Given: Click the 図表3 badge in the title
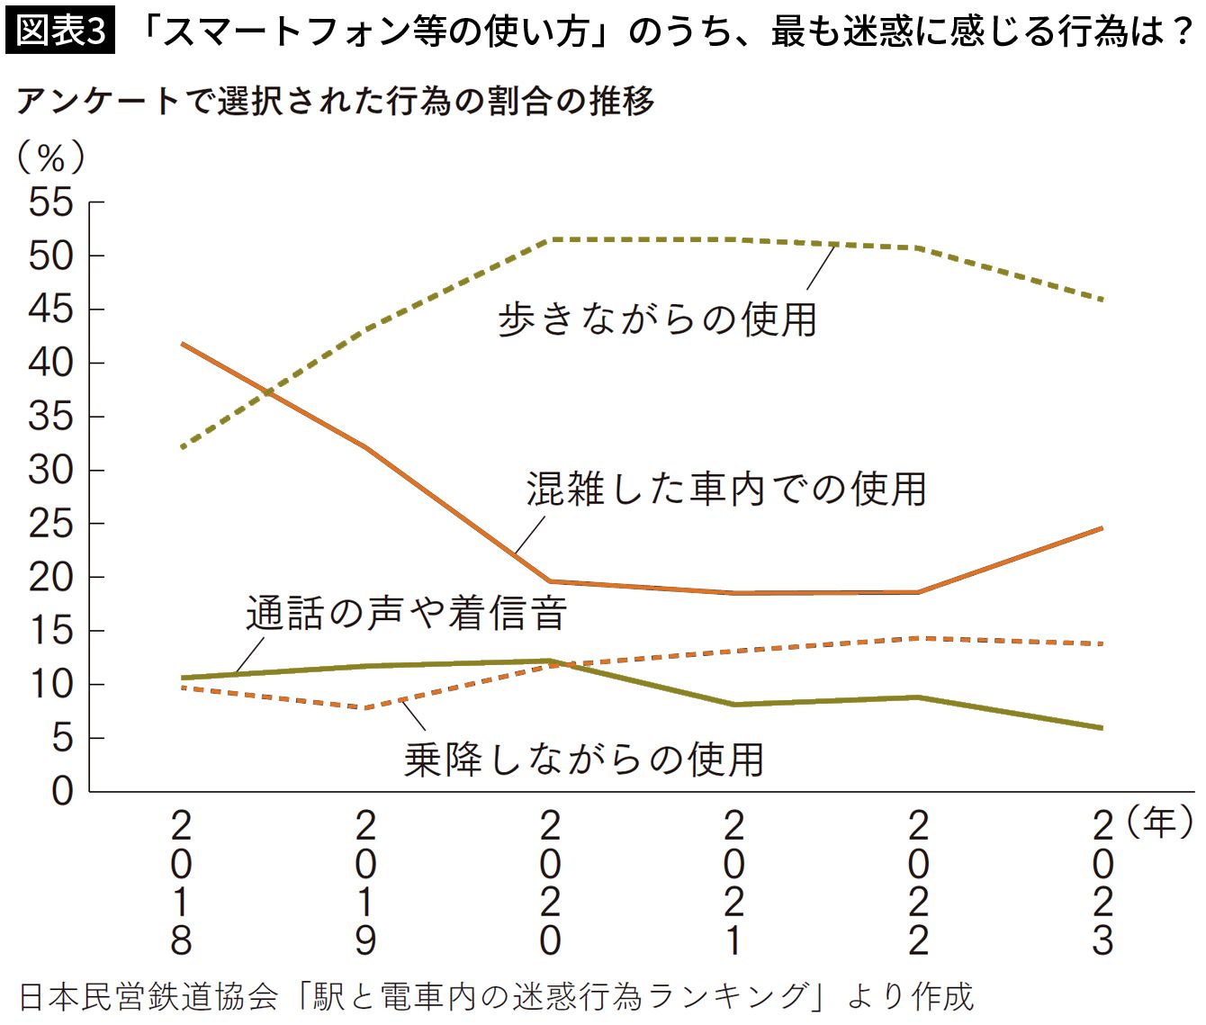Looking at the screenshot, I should pos(60,31).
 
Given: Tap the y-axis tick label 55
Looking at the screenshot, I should pos(50,202).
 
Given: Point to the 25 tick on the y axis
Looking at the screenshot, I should pos(50,524).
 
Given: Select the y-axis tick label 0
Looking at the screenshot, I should pos(61,791).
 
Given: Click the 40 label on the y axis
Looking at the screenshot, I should pos(50,363).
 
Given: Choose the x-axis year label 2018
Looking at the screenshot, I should pos(181,883).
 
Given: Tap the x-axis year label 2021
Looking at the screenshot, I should pos(733,883).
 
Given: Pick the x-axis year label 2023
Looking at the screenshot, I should pos(1102,883).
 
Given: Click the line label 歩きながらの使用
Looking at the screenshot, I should pos(657,319).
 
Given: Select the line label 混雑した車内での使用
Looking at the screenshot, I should pos(726,489).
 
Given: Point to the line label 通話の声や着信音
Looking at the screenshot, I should pos(406,614).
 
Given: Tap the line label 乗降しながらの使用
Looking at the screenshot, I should pos(584,760).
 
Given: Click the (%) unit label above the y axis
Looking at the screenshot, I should pos(50,158).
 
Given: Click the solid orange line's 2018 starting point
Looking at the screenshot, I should pos(183,344).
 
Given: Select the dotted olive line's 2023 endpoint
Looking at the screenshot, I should pos(1102,299).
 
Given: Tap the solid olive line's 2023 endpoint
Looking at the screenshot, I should pos(1102,727).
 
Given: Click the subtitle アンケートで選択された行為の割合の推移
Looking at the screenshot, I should pos(335,102).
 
